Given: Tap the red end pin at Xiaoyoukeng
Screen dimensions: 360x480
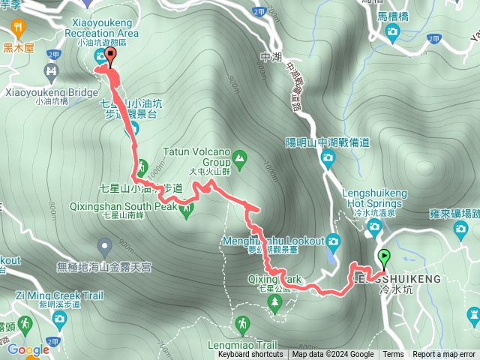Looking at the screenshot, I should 111,57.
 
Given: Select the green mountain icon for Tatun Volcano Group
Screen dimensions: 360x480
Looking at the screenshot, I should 239,157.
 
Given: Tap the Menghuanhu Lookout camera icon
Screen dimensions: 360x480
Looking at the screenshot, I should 332,241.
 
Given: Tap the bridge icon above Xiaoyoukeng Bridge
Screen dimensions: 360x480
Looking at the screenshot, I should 52,73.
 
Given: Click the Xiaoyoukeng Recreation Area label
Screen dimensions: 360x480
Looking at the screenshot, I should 101,28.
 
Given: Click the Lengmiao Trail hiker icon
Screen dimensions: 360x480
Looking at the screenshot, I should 242,324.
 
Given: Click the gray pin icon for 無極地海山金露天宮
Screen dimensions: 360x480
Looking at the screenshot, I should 104,245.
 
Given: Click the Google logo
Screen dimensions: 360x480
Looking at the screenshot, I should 28,349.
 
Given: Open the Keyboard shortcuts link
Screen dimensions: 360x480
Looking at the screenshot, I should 250,355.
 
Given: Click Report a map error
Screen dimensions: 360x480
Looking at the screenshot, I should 443,355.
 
